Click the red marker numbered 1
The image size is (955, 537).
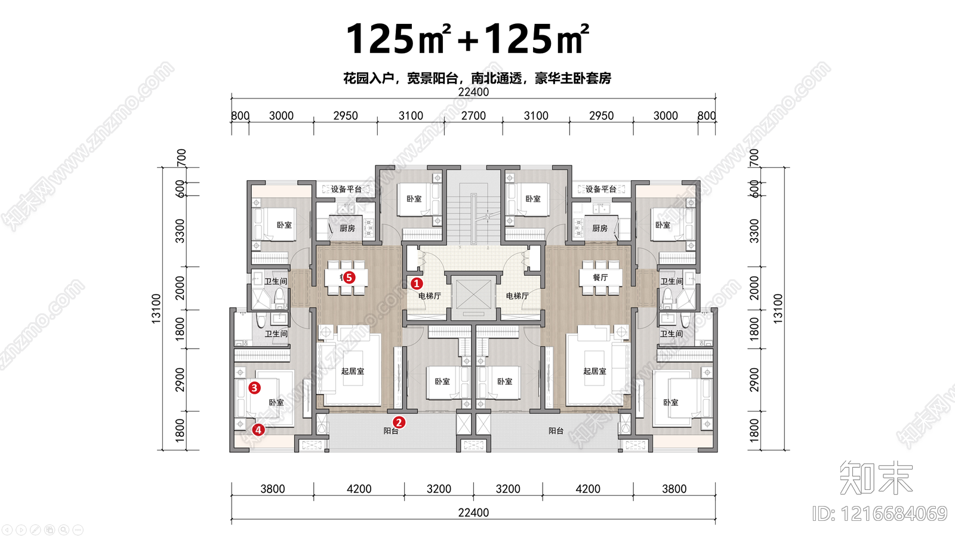(x=417, y=284)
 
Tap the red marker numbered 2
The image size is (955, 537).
(x=399, y=422)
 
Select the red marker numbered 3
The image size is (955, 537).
(x=254, y=388)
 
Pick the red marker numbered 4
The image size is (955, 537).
(x=258, y=430)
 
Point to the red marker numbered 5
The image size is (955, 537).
(x=349, y=277)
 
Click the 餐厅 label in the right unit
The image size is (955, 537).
(x=600, y=277)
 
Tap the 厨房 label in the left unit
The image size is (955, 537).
(x=347, y=228)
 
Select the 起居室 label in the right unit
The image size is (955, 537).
(x=594, y=371)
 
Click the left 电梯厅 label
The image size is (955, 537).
(x=429, y=296)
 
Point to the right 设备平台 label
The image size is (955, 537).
(x=600, y=189)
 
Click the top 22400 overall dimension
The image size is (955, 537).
(x=473, y=92)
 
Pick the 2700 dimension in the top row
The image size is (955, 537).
(x=473, y=116)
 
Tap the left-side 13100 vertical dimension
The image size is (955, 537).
(x=156, y=308)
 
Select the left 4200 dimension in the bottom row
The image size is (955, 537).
(x=359, y=489)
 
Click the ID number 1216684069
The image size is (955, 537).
(x=880, y=514)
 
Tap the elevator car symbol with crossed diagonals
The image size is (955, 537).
(x=474, y=294)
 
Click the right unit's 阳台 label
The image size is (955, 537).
(x=556, y=431)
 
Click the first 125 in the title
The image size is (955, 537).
(x=380, y=39)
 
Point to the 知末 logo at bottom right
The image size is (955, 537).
(x=876, y=477)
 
